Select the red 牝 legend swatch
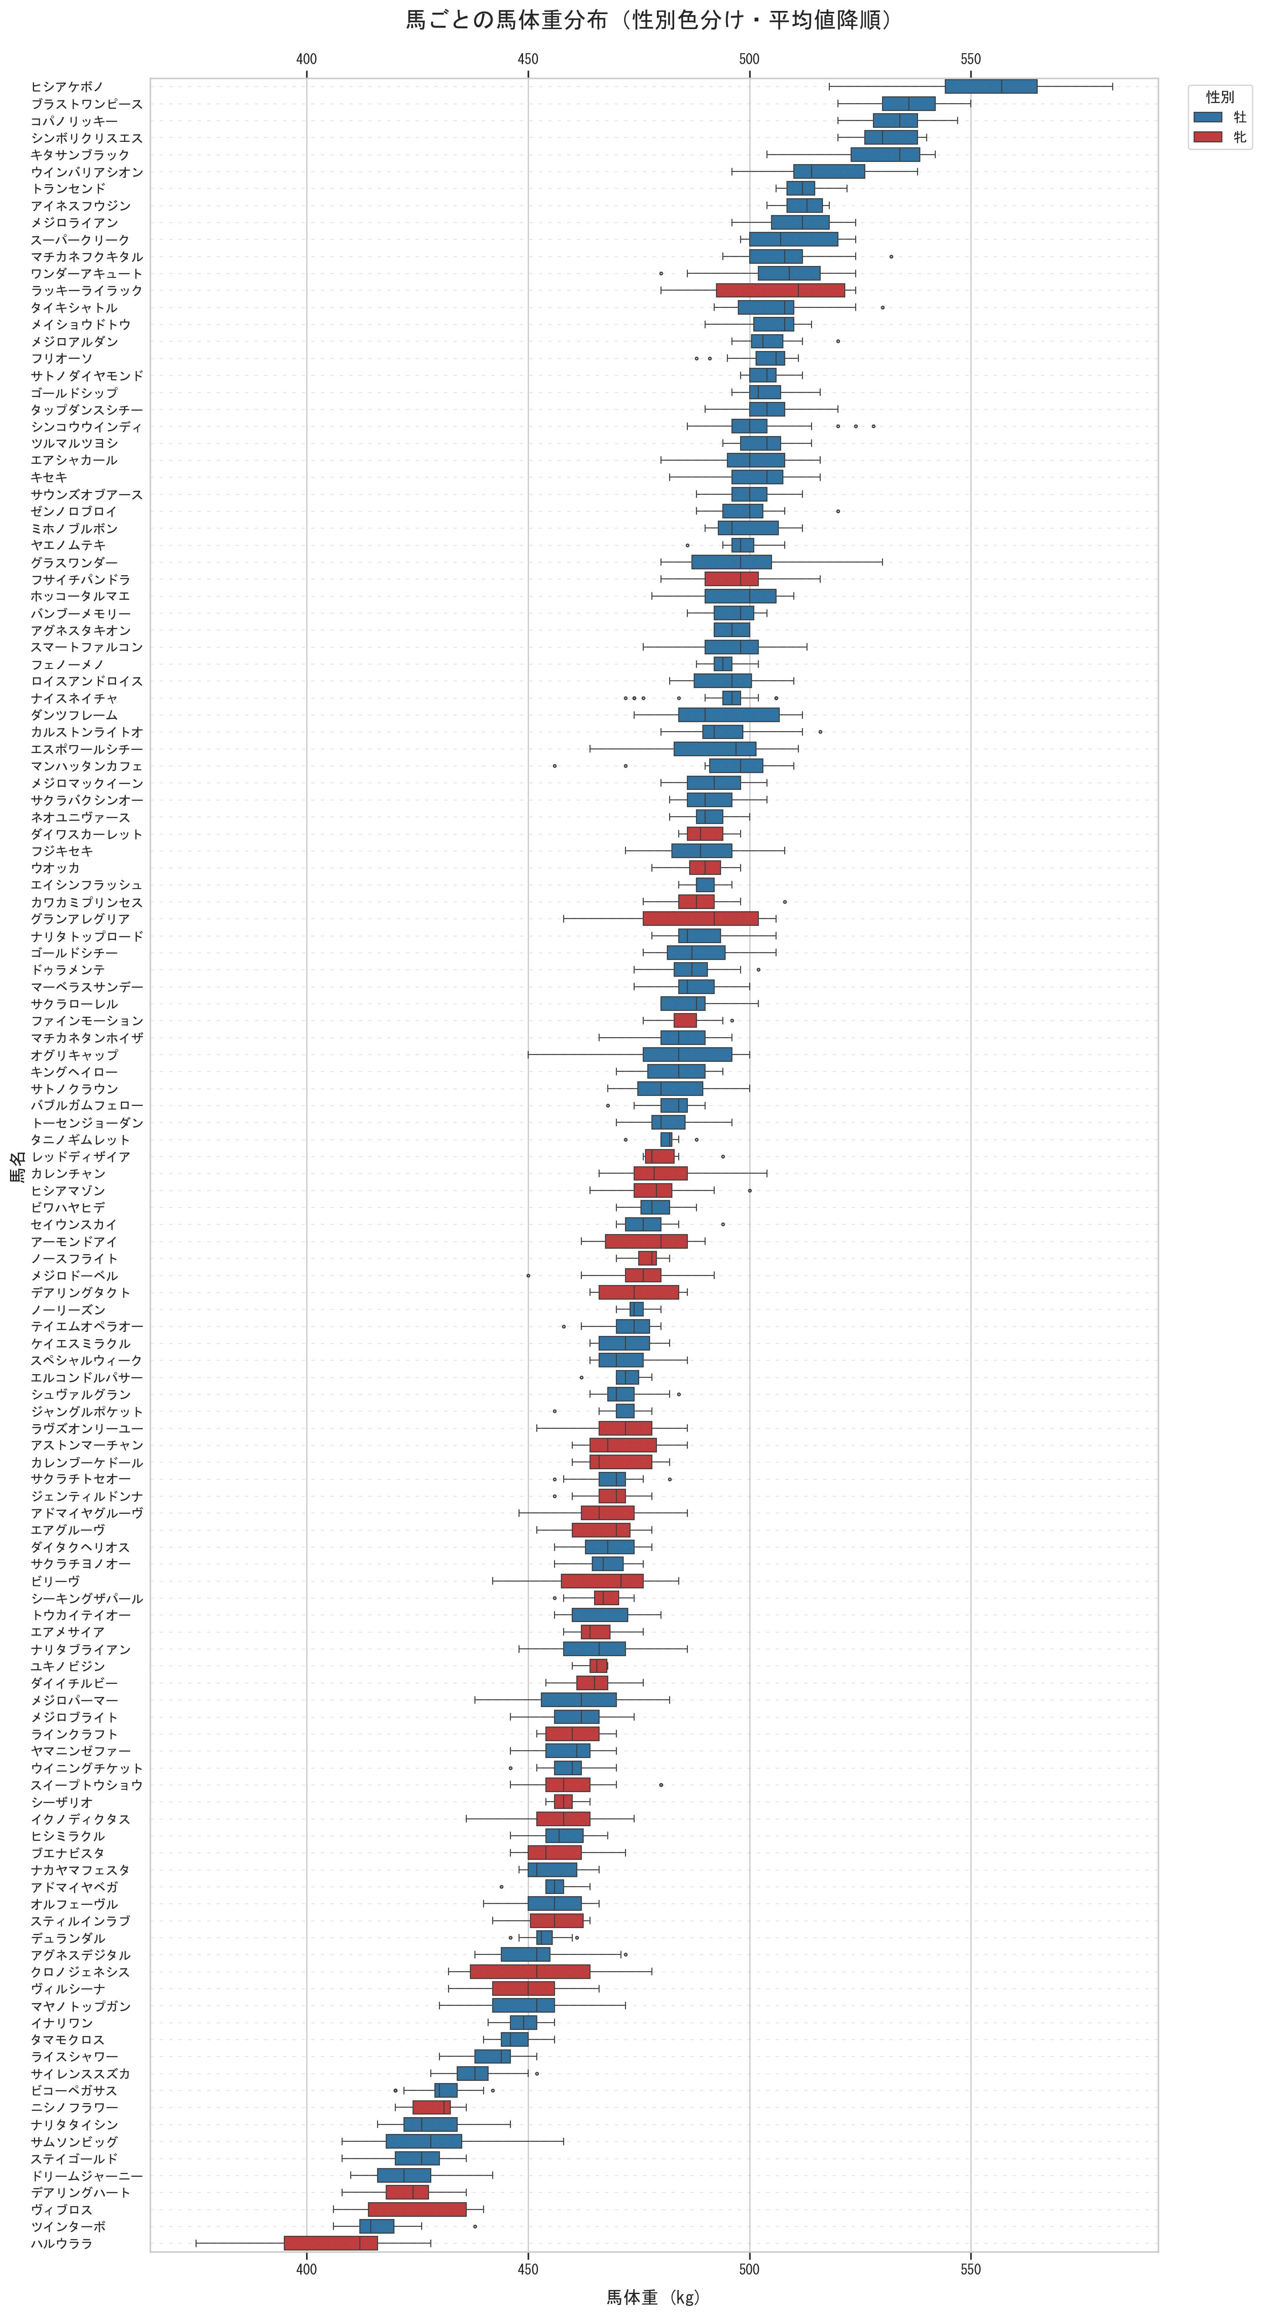1208,136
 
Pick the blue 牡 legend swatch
1208,117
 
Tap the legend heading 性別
1220,97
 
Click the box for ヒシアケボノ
990,86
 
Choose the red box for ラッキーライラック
780,290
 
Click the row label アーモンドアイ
74,1241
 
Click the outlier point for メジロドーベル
529,1275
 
